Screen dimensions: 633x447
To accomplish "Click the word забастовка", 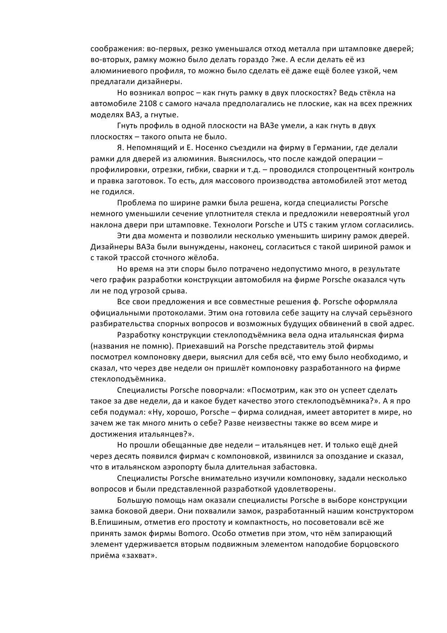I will [295, 467].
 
